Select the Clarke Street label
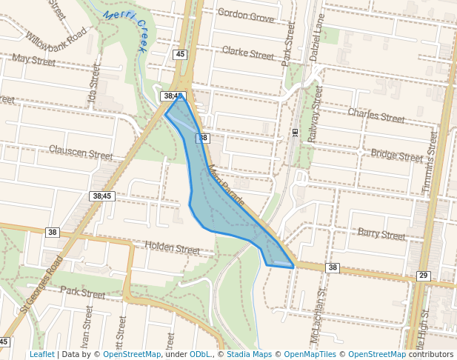pos(248,53)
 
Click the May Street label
pos(34,59)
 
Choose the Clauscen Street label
pos(81,153)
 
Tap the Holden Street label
pos(172,248)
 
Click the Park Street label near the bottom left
pos(83,293)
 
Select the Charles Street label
pos(376,117)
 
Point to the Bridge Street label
pos(397,156)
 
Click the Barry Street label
pos(381,234)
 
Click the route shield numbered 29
pos(423,276)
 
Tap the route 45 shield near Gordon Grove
pos(181,54)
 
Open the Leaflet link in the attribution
pos(41,354)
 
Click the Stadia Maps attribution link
pos(247,354)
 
